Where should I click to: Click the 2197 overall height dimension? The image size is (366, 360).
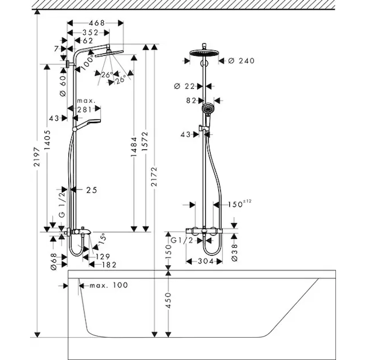37,157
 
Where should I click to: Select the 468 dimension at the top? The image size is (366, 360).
97,23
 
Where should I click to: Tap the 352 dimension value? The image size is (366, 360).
91,32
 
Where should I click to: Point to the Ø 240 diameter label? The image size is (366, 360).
241,61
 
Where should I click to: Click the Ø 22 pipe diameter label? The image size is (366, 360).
184,86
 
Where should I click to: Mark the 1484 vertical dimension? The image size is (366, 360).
134,147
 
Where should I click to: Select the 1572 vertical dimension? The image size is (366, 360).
145,141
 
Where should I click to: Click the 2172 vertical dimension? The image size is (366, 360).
154,176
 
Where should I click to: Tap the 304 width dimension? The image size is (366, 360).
206,261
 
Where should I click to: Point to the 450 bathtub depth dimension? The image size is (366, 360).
168,300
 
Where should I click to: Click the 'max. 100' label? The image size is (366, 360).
109,285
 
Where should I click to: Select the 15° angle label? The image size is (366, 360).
102,239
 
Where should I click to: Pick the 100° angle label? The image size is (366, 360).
88,61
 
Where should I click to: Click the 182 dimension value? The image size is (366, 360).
109,265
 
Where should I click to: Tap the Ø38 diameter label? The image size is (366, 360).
235,253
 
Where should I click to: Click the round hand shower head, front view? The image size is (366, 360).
208,108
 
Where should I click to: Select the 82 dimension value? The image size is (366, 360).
191,101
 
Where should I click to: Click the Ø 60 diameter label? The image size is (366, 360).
63,86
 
